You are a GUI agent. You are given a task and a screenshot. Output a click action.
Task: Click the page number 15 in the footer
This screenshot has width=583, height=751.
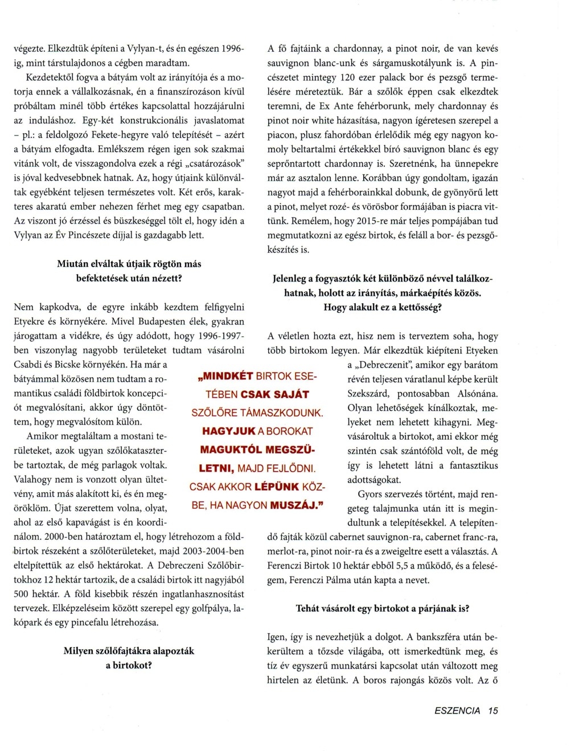click(492, 711)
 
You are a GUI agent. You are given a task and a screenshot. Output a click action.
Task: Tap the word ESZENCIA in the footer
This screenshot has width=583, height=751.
click(457, 711)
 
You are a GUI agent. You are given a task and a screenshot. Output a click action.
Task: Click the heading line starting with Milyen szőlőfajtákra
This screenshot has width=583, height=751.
click(129, 651)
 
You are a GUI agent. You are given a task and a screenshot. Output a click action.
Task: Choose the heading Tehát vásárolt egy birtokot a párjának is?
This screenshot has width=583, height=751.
click(383, 608)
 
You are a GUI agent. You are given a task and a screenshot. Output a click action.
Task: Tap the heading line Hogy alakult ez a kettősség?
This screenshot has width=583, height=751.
click(383, 307)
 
